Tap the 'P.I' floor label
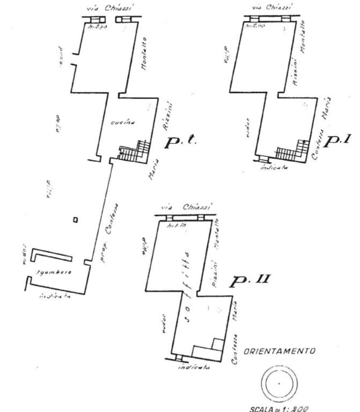tap(339, 140)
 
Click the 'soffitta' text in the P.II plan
tap(185, 287)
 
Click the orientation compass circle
tap(279, 384)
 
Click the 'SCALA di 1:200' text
tap(280, 408)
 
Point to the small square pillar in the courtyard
tap(76, 219)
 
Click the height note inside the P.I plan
tap(254, 26)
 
